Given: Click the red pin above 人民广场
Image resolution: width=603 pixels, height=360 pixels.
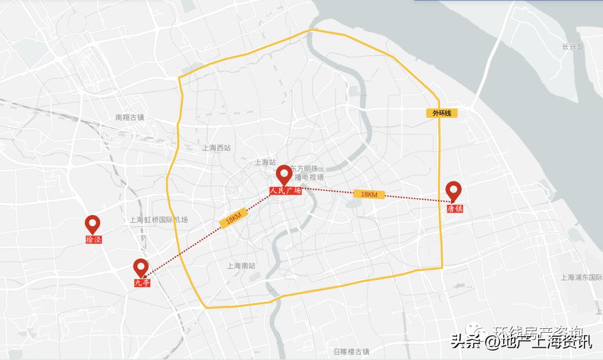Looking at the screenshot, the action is click(284, 174).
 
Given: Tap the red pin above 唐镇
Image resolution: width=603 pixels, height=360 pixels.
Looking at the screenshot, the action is click(453, 190).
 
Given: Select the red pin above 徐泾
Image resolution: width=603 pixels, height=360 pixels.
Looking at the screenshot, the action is click(93, 224).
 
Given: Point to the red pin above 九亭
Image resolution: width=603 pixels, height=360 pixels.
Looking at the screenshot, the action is click(141, 267).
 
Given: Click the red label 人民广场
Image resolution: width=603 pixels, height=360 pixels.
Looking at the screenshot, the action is click(285, 191).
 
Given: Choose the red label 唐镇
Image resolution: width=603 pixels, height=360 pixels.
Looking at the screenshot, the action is click(454, 209).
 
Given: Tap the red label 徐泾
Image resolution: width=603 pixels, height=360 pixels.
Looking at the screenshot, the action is click(94, 239).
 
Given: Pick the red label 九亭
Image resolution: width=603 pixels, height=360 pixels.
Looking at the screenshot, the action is click(142, 283).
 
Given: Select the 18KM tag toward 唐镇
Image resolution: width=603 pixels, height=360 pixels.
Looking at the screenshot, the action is click(369, 194).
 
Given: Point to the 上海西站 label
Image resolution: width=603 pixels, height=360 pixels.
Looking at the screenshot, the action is click(217, 148).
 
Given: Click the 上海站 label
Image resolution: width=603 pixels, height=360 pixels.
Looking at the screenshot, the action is click(265, 162).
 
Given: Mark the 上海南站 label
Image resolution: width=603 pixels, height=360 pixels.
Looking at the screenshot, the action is click(241, 266).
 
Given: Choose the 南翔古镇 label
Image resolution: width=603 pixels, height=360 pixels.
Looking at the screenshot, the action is click(130, 118).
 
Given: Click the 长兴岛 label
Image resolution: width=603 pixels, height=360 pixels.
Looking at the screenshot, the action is click(572, 47).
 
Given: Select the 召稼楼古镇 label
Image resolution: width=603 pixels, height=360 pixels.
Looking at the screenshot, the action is click(351, 352).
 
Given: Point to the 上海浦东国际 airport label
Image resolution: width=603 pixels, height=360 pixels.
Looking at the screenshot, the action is click(581, 277).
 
